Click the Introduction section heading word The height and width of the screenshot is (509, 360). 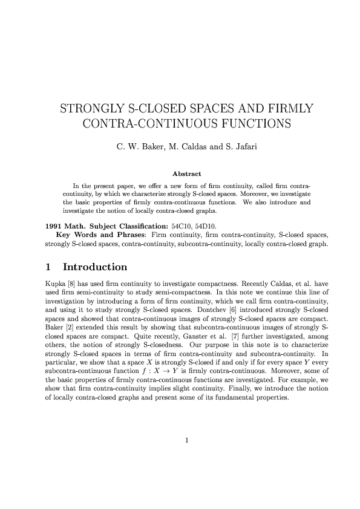click(x=95, y=267)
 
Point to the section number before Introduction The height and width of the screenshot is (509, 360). click(x=49, y=267)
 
